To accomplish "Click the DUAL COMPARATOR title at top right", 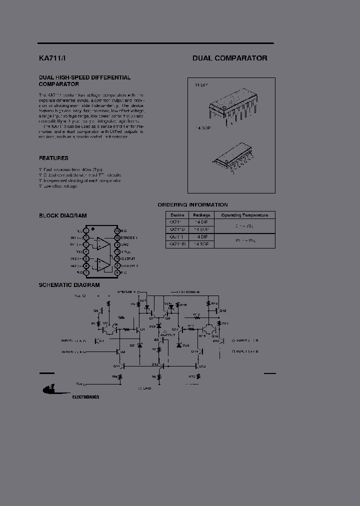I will pyautogui.click(x=229, y=58).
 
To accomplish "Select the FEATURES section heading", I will pyautogui.click(x=53, y=158).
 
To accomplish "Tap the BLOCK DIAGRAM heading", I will pyautogui.click(x=62, y=216).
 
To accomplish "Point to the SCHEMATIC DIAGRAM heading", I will pyautogui.click(x=69, y=285).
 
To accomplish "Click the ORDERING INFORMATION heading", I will pyautogui.click(x=192, y=204).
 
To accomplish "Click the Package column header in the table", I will pyautogui.click(x=202, y=215).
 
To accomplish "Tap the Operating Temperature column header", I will pyautogui.click(x=244, y=215).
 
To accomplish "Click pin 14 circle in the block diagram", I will pyautogui.click(x=117, y=230).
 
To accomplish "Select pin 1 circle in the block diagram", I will pyautogui.click(x=86, y=230).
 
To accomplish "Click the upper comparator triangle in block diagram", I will pyautogui.click(x=103, y=244).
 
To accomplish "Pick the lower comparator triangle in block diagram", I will pyautogui.click(x=103, y=263).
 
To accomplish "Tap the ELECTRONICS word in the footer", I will pyautogui.click(x=85, y=396).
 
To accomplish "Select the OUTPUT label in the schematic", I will pyautogui.click(x=167, y=334).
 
